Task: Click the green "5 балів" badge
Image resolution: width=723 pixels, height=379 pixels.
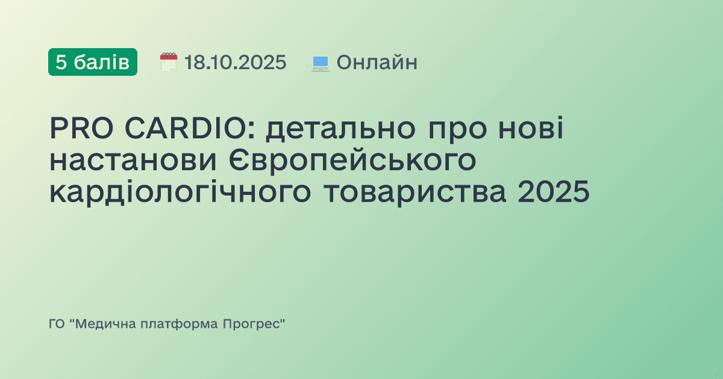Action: [92, 62]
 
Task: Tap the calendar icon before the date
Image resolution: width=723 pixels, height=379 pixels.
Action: [168, 62]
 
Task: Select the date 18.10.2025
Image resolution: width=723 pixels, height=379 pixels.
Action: [235, 62]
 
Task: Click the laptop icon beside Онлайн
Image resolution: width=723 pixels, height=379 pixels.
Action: [320, 63]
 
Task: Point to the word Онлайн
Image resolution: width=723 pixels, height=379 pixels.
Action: [377, 62]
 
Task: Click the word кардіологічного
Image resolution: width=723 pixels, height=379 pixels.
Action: [181, 194]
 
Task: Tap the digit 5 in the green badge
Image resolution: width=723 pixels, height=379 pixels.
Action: [61, 62]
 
